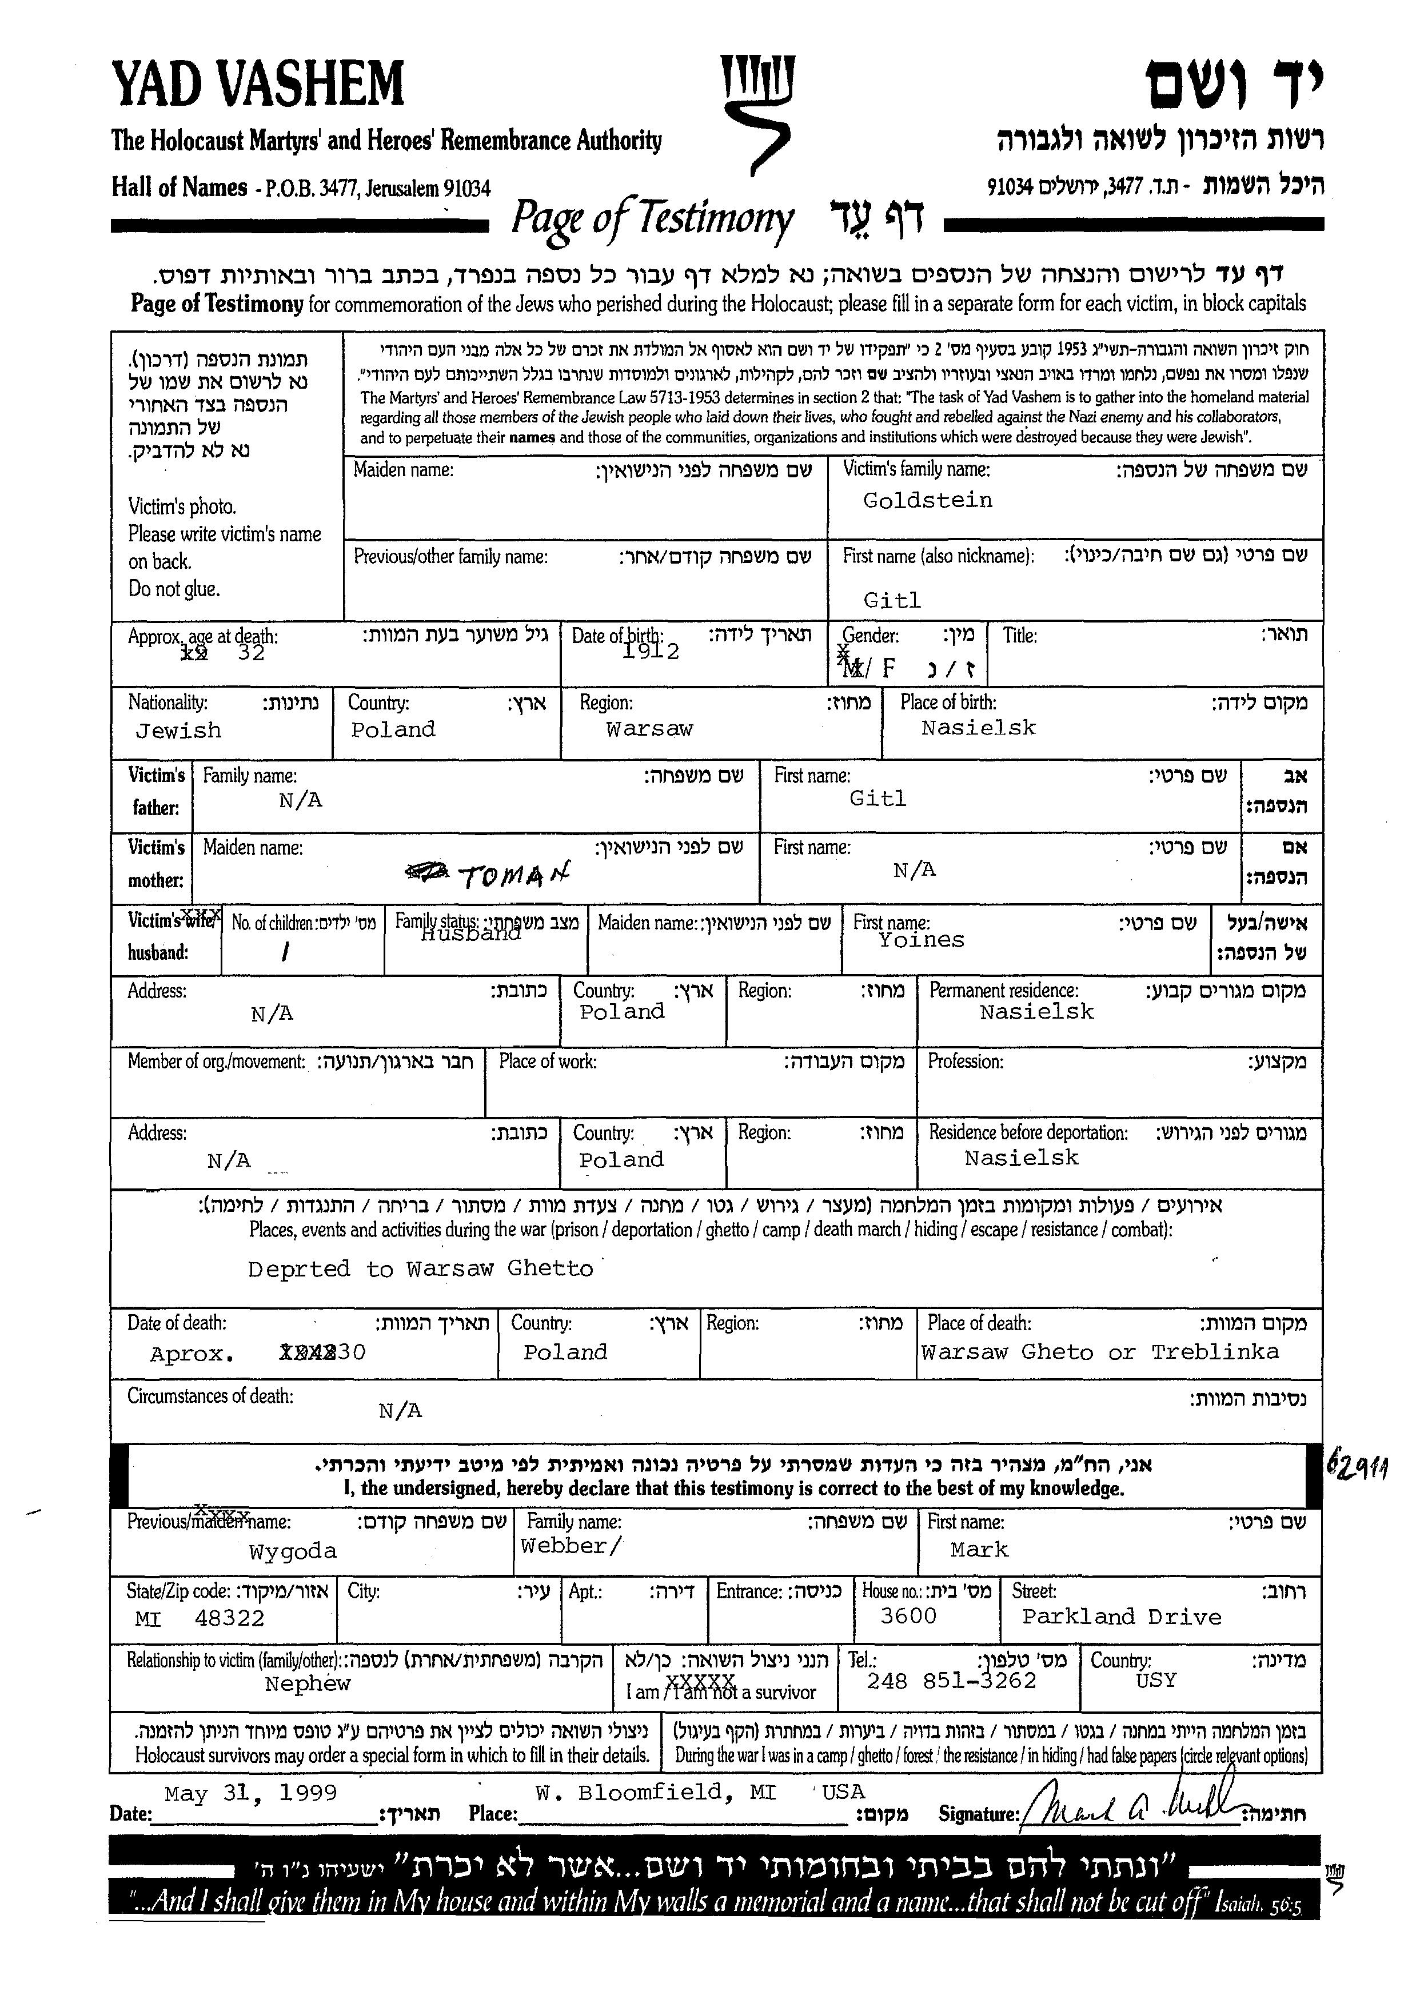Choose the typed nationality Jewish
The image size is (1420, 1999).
(178, 731)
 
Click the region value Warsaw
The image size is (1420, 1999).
(649, 729)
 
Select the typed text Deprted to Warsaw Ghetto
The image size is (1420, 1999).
(420, 1269)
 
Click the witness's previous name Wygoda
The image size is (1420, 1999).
(292, 1552)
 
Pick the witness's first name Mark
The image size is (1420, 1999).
(979, 1550)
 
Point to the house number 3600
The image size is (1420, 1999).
(908, 1616)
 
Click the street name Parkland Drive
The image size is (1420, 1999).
(1121, 1617)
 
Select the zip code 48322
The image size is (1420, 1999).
(229, 1619)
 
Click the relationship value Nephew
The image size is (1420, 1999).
(307, 1684)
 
